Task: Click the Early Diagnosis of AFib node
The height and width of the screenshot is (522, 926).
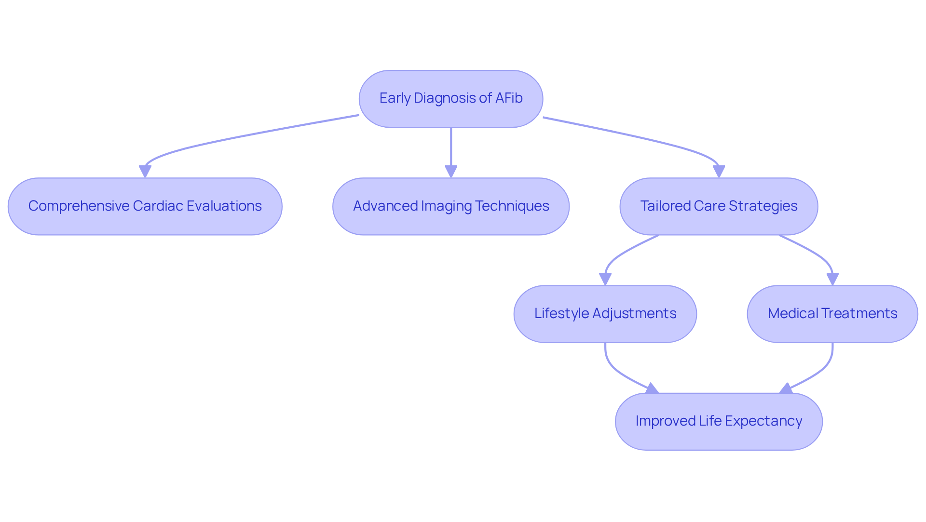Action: click(x=450, y=99)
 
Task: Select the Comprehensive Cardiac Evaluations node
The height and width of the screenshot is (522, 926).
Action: click(x=145, y=206)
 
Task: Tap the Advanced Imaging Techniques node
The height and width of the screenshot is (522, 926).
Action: click(x=450, y=206)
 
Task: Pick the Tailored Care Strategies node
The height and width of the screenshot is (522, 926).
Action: click(x=719, y=206)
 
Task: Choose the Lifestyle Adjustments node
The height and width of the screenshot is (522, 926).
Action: click(x=605, y=314)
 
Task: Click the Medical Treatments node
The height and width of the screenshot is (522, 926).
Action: click(x=832, y=314)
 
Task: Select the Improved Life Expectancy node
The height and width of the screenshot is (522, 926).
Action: click(x=719, y=421)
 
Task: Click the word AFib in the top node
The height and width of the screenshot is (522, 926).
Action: click(x=509, y=98)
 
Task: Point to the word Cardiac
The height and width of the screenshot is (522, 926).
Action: click(x=158, y=206)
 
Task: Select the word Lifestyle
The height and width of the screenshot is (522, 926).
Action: click(x=561, y=313)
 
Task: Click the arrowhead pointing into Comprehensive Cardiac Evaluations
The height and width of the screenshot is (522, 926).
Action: click(x=145, y=172)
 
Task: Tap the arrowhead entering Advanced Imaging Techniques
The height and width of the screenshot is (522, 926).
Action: click(x=451, y=172)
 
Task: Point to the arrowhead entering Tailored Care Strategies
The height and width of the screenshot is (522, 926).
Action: click(x=719, y=172)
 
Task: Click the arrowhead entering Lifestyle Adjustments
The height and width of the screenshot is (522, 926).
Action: click(x=605, y=279)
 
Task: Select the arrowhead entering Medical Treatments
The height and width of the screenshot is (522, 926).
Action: click(x=832, y=279)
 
